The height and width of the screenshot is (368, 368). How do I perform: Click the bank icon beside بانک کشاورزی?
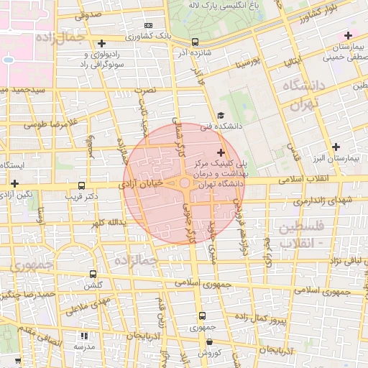point(149,25)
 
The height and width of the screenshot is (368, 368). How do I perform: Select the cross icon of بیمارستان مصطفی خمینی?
point(349,35)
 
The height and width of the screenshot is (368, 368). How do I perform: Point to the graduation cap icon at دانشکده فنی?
point(221,116)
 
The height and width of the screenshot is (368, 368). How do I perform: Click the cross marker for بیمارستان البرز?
point(335,147)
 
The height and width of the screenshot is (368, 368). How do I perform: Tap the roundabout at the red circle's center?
point(185,184)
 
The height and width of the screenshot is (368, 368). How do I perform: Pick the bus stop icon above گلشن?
point(93,274)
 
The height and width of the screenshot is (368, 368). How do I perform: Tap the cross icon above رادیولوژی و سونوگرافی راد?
point(102,44)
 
